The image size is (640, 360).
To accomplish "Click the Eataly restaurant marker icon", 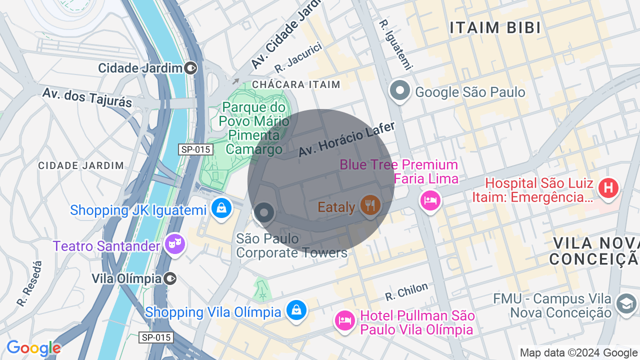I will (369, 205).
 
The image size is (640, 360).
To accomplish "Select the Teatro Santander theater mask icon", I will (175, 244).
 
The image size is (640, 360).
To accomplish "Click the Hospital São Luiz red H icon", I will (608, 188).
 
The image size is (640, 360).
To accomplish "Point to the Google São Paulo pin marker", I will (400, 91).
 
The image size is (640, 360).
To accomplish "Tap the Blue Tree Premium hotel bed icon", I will (430, 200).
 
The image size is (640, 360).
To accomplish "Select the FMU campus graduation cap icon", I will (626, 304).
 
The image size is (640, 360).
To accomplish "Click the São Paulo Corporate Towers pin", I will (264, 213).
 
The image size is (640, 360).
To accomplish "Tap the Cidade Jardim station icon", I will (190, 67).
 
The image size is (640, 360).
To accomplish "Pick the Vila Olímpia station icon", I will (170, 278).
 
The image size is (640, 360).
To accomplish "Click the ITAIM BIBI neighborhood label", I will (495, 28).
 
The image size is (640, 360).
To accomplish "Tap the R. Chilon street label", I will (406, 291).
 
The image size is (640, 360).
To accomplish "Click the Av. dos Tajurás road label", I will (87, 97).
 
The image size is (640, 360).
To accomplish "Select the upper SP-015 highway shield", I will (195, 149).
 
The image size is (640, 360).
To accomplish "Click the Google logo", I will (33, 348).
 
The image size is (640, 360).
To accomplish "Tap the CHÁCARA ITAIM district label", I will (296, 84).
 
